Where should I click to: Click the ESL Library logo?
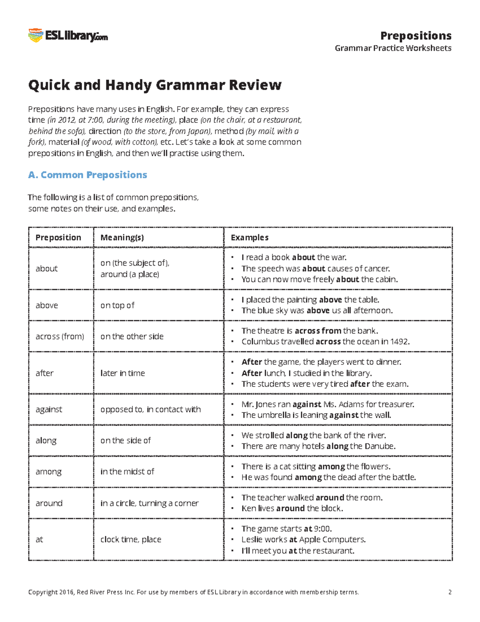click(68, 36)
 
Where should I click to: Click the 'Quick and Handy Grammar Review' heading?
click(155, 85)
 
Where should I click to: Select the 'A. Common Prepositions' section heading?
click(88, 175)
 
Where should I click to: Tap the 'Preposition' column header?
click(58, 238)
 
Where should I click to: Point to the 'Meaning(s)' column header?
click(122, 238)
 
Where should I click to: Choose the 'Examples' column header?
click(250, 238)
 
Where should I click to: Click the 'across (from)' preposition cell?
click(60, 336)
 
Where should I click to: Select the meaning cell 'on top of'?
click(117, 305)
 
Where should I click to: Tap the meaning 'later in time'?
click(122, 373)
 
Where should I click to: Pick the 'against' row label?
click(49, 409)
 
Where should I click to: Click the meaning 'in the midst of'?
click(127, 471)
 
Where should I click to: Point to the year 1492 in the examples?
click(399, 342)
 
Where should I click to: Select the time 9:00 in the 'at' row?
click(322, 529)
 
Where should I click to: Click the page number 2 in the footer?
click(450, 592)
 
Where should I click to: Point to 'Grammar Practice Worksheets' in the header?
click(393, 48)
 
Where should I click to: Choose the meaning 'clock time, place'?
click(131, 539)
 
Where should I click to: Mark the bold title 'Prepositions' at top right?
click(416, 36)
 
